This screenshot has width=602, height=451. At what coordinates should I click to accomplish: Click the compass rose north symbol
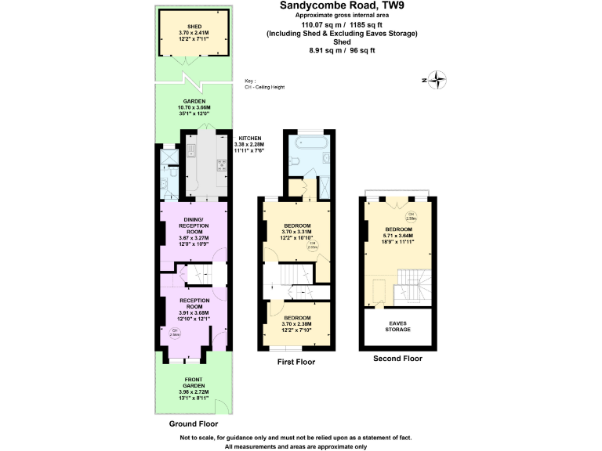click(438, 79)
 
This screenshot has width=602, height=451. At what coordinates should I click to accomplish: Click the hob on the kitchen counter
click(221, 164)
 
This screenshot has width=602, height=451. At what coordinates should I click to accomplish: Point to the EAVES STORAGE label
click(398, 326)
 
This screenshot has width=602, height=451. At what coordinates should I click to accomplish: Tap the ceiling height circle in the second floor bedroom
click(410, 217)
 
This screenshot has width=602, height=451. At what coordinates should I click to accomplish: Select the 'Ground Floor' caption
click(194, 424)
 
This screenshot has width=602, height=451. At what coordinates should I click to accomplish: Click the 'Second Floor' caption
click(397, 359)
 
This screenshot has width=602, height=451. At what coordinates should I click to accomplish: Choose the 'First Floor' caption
click(296, 363)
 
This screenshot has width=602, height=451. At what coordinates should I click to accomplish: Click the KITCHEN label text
click(250, 138)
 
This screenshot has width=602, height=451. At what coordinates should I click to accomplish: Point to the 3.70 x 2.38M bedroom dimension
click(296, 324)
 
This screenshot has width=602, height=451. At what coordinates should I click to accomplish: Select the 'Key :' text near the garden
click(250, 81)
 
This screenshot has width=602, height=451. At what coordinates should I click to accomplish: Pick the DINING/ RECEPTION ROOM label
click(193, 225)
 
